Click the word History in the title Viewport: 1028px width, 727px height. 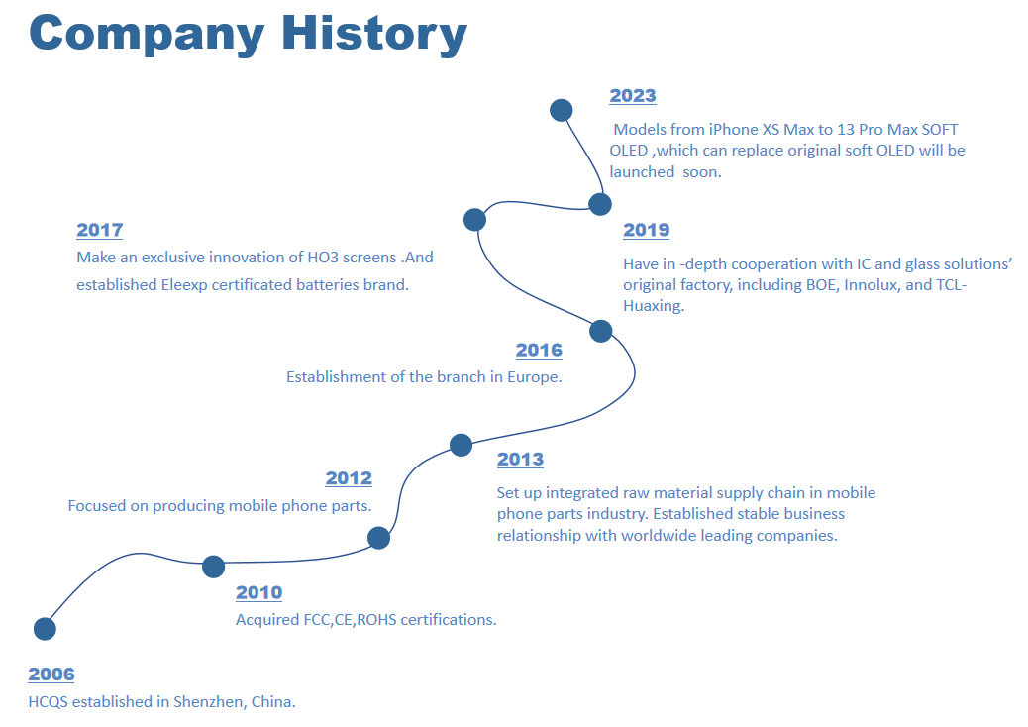pyautogui.click(x=374, y=33)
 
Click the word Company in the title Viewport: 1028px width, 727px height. pyautogui.click(x=147, y=34)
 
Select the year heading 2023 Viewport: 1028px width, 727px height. pyautogui.click(x=633, y=96)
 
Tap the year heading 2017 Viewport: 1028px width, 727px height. pyautogui.click(x=100, y=230)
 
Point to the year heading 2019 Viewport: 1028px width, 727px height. pyautogui.click(x=647, y=230)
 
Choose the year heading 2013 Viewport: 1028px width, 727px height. pyautogui.click(x=521, y=460)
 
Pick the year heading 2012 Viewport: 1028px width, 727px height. pyautogui.click(x=349, y=478)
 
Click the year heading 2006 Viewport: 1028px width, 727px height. pyautogui.click(x=51, y=675)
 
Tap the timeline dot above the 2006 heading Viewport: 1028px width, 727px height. pyautogui.click(x=45, y=629)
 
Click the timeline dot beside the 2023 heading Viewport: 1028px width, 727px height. pyautogui.click(x=562, y=110)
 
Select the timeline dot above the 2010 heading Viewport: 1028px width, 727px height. pyautogui.click(x=213, y=567)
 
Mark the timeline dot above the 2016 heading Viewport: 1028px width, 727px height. pyautogui.click(x=600, y=331)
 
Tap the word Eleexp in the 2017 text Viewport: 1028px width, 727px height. pyautogui.click(x=183, y=286)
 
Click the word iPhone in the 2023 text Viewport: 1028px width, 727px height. pyautogui.click(x=733, y=130)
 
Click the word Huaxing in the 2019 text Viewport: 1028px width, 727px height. pyautogui.click(x=653, y=307)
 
